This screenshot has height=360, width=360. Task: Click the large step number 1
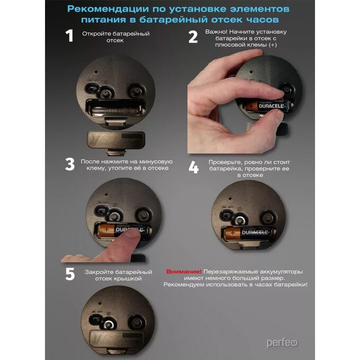[x=69, y=35]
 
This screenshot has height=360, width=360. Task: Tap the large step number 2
[x=193, y=37]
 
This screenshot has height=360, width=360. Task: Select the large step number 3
[x=70, y=164]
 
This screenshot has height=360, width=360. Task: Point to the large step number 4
[x=194, y=167]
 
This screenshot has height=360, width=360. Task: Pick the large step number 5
[x=70, y=274]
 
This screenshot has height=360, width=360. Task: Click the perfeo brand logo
[x=282, y=343]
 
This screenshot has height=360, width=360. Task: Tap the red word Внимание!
[x=184, y=272]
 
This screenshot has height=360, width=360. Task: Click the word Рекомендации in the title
[x=108, y=9]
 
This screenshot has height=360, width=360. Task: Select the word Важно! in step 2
[x=216, y=32]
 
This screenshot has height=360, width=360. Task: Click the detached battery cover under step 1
[x=116, y=140]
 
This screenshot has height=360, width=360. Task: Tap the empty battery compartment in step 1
[x=116, y=109]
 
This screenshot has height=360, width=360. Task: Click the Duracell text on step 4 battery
[x=255, y=232]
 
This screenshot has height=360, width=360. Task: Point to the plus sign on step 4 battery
[x=233, y=233]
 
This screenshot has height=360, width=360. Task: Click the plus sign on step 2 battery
[x=251, y=106]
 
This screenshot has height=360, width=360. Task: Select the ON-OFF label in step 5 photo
[x=97, y=312]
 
